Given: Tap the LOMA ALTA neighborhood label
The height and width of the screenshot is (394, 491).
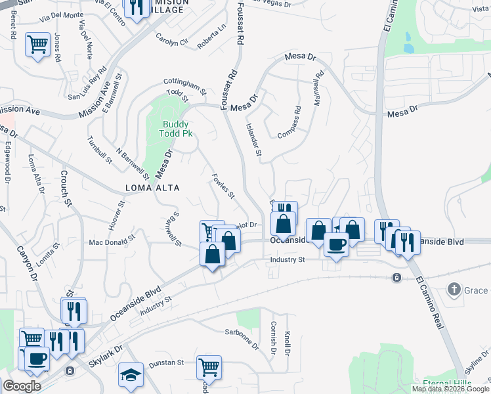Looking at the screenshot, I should (x=152, y=188).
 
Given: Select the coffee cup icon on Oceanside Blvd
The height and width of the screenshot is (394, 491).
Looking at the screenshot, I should (x=336, y=244).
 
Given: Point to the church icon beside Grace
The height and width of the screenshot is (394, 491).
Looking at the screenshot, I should (x=454, y=289).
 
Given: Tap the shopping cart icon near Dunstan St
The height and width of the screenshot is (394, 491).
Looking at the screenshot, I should (x=209, y=366).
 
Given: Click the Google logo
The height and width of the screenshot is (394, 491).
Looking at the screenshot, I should (x=22, y=386).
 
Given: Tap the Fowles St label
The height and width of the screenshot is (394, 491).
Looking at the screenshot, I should (x=223, y=186).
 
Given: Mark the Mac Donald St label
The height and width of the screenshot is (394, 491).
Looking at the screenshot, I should (x=112, y=242).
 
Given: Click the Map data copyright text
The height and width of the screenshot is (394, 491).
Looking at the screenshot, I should (x=450, y=389).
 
